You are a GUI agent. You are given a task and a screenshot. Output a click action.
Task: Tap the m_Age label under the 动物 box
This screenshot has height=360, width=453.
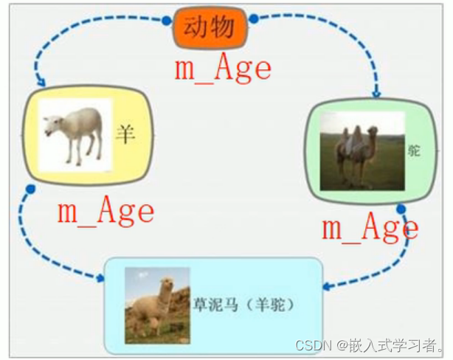223,69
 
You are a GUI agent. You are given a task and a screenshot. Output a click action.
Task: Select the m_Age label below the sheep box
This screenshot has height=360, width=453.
106,212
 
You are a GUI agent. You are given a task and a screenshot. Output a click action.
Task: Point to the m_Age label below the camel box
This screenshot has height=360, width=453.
370,228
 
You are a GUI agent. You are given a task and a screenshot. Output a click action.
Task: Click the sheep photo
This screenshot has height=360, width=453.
74,133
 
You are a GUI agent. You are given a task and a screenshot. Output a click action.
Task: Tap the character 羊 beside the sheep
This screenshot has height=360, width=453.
125,134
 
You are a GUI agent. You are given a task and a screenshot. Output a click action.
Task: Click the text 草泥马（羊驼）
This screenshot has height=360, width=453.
243,304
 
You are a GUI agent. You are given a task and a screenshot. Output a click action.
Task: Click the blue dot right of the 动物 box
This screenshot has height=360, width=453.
254,18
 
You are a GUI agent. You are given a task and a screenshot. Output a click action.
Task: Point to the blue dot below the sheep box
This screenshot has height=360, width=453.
30,190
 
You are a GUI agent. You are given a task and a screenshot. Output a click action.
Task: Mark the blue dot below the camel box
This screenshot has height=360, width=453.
401,210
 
